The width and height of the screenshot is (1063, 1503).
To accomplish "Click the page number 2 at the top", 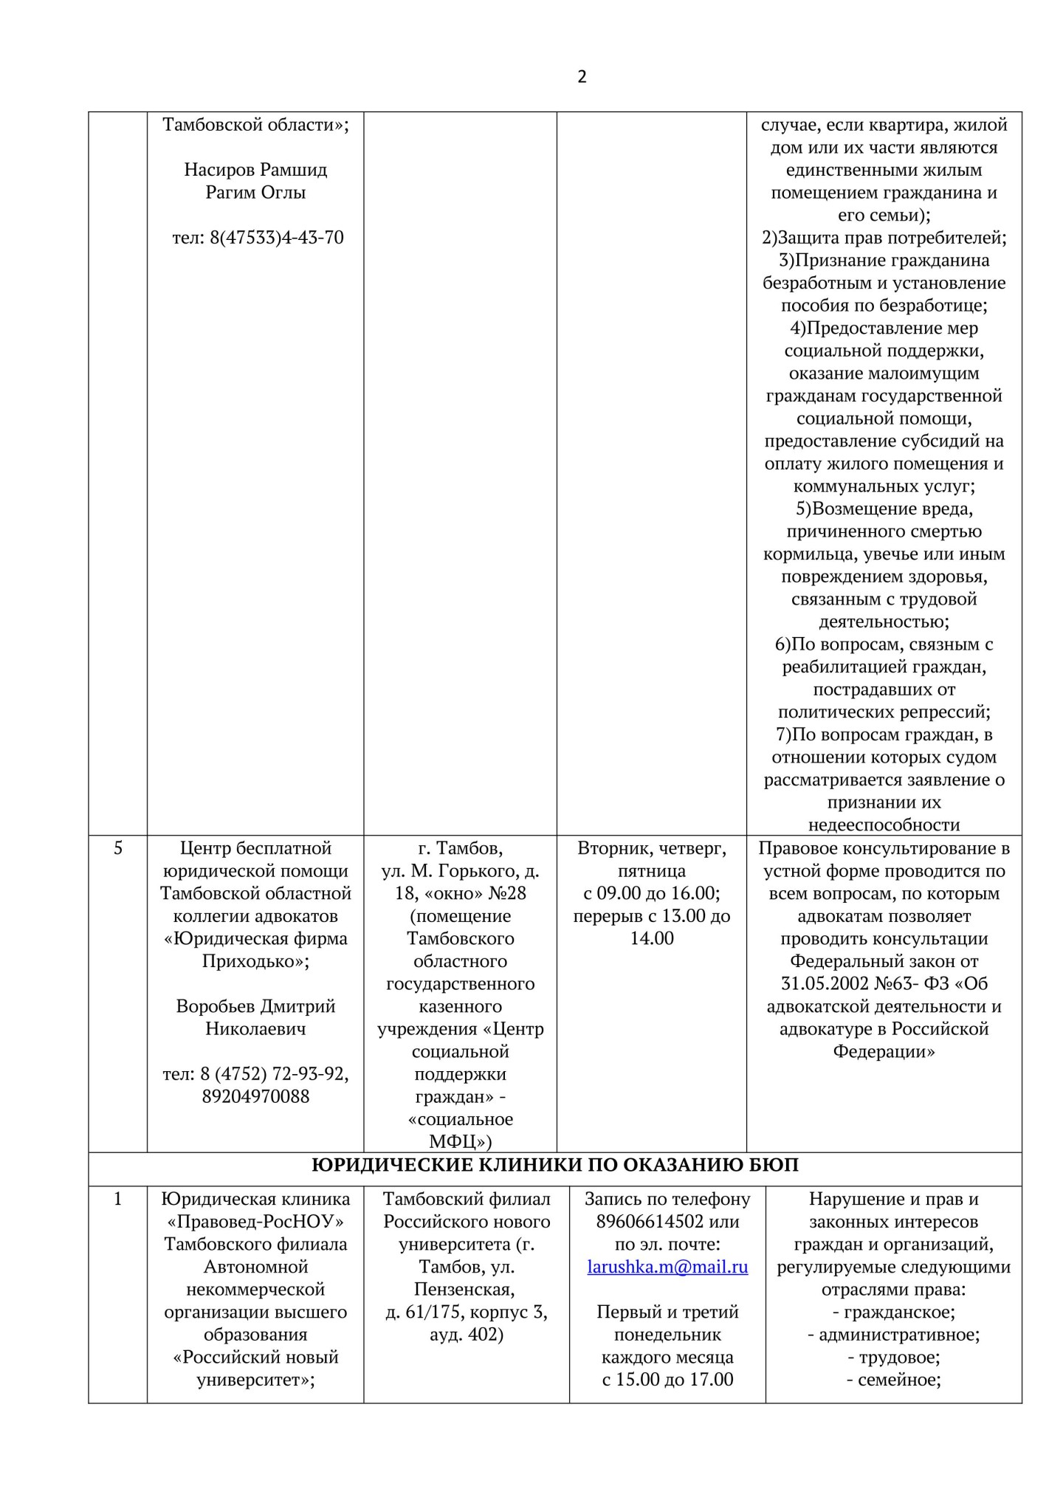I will click(582, 77).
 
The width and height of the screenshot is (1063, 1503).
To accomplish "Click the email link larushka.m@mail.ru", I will click(667, 1267).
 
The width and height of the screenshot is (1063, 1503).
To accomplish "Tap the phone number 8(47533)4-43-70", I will click(258, 238).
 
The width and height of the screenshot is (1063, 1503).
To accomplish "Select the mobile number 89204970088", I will click(255, 1096).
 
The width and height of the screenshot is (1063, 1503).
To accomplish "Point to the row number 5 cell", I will click(118, 848).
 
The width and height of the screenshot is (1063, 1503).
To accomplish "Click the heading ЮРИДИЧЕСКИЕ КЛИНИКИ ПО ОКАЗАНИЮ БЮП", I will click(555, 1165).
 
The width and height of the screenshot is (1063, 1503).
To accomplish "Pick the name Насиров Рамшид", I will click(255, 170).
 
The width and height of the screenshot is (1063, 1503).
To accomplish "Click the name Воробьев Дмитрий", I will click(255, 1006).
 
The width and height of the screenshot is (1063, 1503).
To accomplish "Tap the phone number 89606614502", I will click(650, 1222).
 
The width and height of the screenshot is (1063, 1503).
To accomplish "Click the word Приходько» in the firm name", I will click(255, 961).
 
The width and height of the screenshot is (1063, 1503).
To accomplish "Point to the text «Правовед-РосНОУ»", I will click(255, 1222).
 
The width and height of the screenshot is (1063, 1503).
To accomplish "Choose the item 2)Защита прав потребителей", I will click(884, 238).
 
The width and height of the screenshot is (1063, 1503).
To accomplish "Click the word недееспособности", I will click(884, 825).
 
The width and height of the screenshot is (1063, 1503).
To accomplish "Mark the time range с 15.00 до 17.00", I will click(667, 1380).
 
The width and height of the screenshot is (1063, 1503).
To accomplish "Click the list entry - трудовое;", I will click(893, 1358).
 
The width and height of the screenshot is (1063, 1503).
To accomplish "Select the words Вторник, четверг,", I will click(652, 848).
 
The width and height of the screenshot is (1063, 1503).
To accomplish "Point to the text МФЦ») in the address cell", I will click(461, 1141).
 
